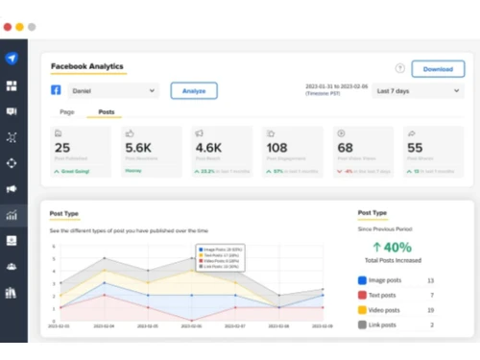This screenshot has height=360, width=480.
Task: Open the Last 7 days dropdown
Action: pyautogui.click(x=405, y=90)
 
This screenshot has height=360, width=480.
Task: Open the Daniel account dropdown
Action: pyautogui.click(x=113, y=90)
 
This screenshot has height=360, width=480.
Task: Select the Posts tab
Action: pyautogui.click(x=107, y=112)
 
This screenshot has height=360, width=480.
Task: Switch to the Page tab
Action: pyautogui.click(x=65, y=112)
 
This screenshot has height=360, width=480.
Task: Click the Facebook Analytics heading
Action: pyautogui.click(x=87, y=66)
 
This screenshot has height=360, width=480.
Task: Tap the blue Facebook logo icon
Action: pyautogui.click(x=57, y=90)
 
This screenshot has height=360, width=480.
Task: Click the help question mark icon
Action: pyautogui.click(x=399, y=68)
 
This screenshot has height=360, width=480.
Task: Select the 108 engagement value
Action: pyautogui.click(x=277, y=149)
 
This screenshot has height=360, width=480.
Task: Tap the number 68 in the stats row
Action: pyautogui.click(x=345, y=149)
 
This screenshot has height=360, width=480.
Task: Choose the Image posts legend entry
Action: pyautogui.click(x=383, y=280)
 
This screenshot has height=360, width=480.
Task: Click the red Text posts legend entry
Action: pyautogui.click(x=381, y=295)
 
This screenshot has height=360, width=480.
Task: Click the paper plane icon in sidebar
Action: pyautogui.click(x=12, y=59)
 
